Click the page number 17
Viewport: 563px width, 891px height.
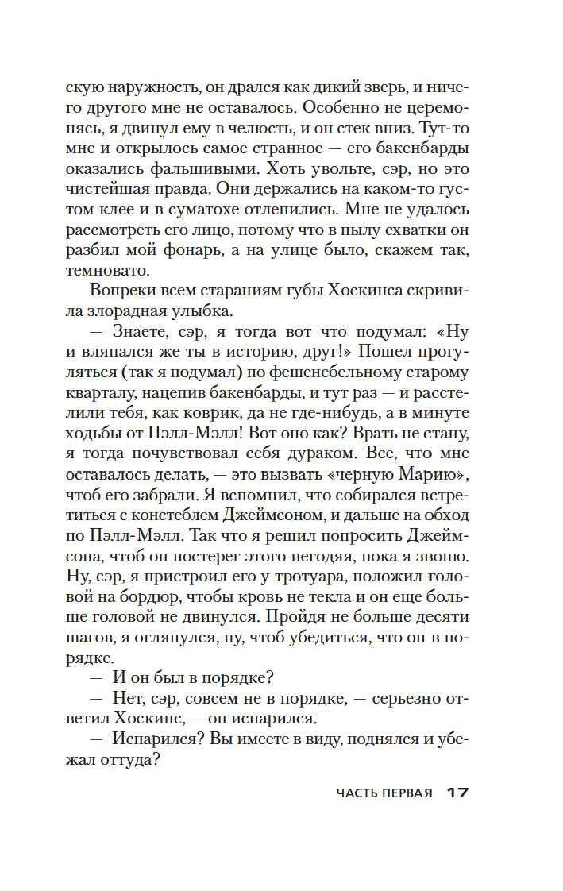point(458,793)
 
